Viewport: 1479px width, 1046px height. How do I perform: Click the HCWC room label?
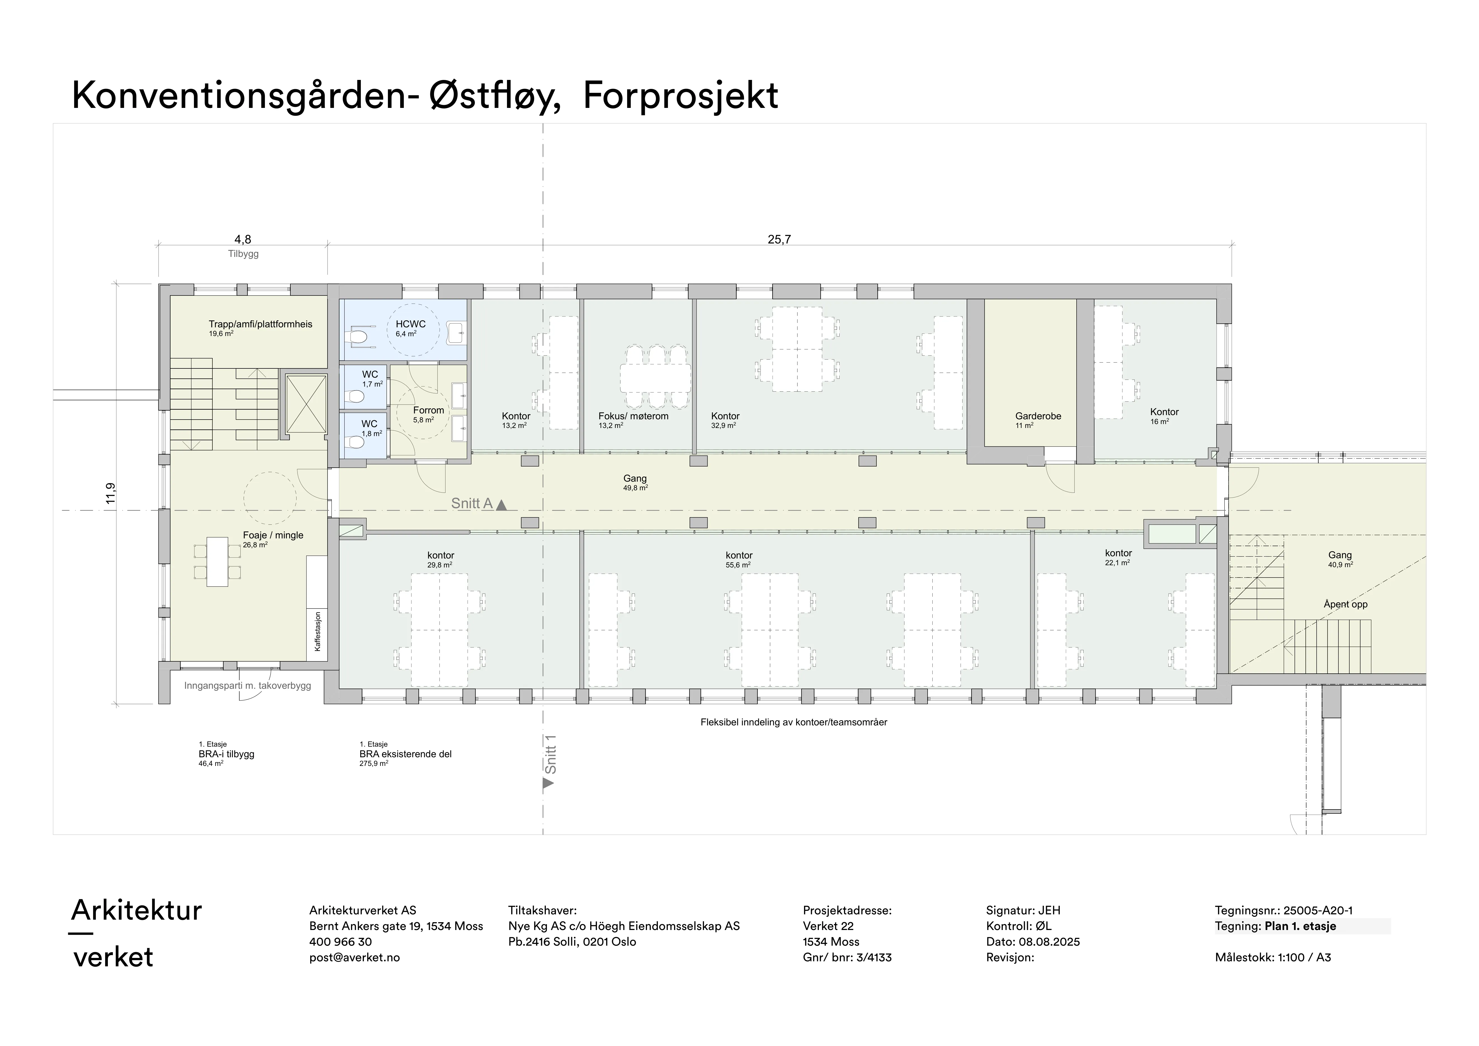(410, 324)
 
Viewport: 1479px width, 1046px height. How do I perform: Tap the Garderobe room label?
(1038, 416)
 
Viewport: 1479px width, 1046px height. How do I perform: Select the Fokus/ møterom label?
(633, 416)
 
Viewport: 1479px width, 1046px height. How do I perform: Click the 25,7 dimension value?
(779, 240)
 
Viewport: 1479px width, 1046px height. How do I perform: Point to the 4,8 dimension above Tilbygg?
(243, 240)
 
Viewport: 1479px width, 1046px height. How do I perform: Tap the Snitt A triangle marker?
(501, 506)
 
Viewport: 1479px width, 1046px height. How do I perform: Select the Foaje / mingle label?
(273, 535)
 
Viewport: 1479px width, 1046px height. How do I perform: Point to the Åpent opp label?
(1345, 604)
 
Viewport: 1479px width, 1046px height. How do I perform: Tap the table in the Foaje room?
(218, 562)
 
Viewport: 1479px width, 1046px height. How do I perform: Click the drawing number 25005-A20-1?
(1318, 911)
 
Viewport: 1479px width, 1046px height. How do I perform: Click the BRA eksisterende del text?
(406, 754)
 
